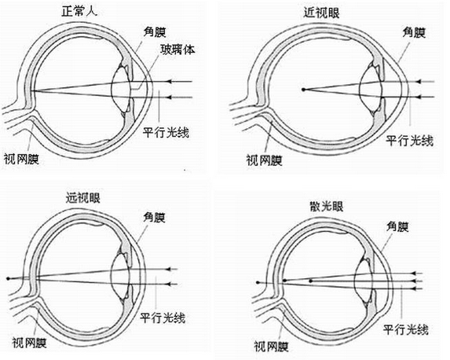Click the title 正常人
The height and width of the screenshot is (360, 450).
point(80,11)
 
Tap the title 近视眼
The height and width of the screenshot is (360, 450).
point(322,12)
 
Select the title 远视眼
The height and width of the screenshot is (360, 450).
point(83,197)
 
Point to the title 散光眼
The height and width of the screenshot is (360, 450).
point(327,206)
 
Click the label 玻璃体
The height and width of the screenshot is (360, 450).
point(177,50)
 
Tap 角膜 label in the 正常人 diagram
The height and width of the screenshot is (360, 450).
point(155,31)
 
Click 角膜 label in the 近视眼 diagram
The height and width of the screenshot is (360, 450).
point(414,32)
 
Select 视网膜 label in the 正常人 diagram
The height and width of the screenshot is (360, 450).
point(21,159)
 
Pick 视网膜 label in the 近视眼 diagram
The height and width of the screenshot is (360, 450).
point(265,160)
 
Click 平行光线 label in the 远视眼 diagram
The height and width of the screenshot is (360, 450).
point(163,318)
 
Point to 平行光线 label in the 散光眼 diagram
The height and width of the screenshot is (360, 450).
point(406,329)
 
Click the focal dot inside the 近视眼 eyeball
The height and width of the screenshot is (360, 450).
point(303,90)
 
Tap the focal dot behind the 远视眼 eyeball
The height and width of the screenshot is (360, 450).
point(9,278)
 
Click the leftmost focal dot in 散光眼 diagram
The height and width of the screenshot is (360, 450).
point(258,282)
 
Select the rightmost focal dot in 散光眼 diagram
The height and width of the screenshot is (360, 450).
point(310,281)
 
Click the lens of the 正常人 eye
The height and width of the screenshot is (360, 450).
point(121,90)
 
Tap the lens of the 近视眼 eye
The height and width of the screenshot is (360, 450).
point(371,90)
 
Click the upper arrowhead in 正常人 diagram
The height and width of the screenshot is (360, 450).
point(170,82)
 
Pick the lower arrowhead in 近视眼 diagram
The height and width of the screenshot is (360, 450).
point(419,97)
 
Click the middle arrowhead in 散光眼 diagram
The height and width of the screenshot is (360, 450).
point(414,281)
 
